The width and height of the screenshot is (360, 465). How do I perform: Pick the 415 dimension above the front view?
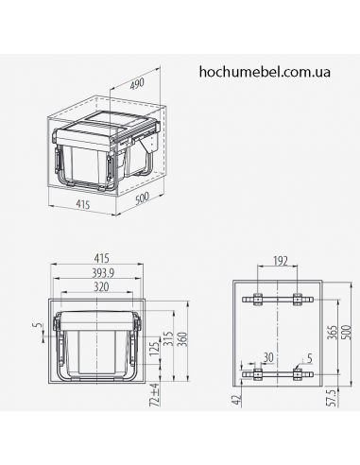point(98,254)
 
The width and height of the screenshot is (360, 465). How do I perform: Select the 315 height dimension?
point(167,341)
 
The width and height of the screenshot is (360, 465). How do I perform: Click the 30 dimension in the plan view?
point(269,357)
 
